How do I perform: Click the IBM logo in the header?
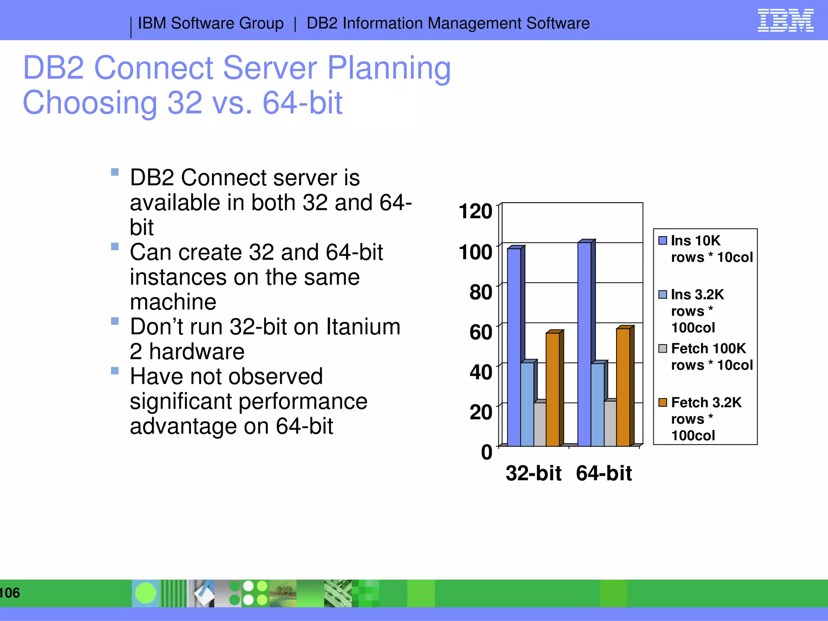point(785,20)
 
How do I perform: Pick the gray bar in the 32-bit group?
point(540,424)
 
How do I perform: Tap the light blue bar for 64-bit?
point(598,404)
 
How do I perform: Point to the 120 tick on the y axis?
point(475,211)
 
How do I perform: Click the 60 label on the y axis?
point(481,332)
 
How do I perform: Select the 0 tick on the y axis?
point(486,452)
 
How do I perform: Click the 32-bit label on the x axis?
point(533,473)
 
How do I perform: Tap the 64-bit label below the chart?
point(604,473)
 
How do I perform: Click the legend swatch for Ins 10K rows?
point(663,241)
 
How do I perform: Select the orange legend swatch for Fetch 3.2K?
point(663,402)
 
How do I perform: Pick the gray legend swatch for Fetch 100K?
point(663,349)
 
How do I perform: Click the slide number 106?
point(10,593)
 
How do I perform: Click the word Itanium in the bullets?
point(363,327)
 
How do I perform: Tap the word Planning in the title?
point(389,68)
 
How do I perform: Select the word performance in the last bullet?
point(248,401)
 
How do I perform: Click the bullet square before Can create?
point(115,247)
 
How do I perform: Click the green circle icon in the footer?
point(146,593)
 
